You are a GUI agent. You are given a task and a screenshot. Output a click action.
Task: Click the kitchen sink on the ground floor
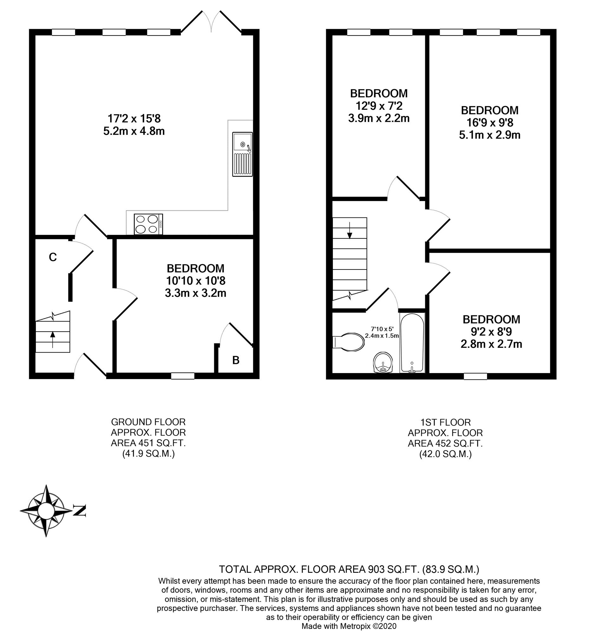point(242,154)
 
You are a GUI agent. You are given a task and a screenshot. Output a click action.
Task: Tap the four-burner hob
point(148,224)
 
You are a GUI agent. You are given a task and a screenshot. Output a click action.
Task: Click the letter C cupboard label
point(53,257)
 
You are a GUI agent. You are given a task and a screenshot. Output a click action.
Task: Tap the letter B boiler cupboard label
point(235,360)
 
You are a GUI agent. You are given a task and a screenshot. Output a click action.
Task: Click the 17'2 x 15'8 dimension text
point(134,119)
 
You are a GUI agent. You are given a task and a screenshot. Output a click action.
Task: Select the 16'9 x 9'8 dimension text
point(490,122)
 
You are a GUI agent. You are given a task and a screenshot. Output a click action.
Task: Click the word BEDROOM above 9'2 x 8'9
point(491,319)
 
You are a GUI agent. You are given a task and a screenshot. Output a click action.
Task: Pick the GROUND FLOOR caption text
point(148,422)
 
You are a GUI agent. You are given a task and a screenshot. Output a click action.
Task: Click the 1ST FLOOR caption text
point(445,422)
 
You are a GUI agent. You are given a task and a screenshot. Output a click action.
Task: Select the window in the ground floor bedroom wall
point(182,376)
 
